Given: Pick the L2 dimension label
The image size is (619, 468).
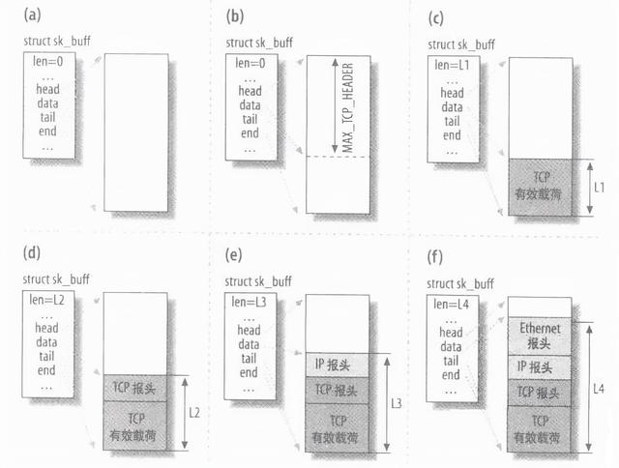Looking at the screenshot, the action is pyautogui.click(x=194, y=413).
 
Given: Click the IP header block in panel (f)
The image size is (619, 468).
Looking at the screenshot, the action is pyautogui.click(x=540, y=367).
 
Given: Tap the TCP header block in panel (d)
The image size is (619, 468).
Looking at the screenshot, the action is pyautogui.click(x=135, y=388).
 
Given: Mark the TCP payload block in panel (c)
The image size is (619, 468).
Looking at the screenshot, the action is pyautogui.click(x=540, y=187).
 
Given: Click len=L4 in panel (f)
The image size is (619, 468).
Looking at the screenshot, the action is pyautogui.click(x=451, y=303).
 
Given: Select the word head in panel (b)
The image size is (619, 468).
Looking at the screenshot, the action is pyautogui.click(x=250, y=92).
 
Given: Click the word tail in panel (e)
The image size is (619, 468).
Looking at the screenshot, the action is pyautogui.click(x=249, y=359).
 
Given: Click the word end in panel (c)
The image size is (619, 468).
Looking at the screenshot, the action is pyautogui.click(x=451, y=135).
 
